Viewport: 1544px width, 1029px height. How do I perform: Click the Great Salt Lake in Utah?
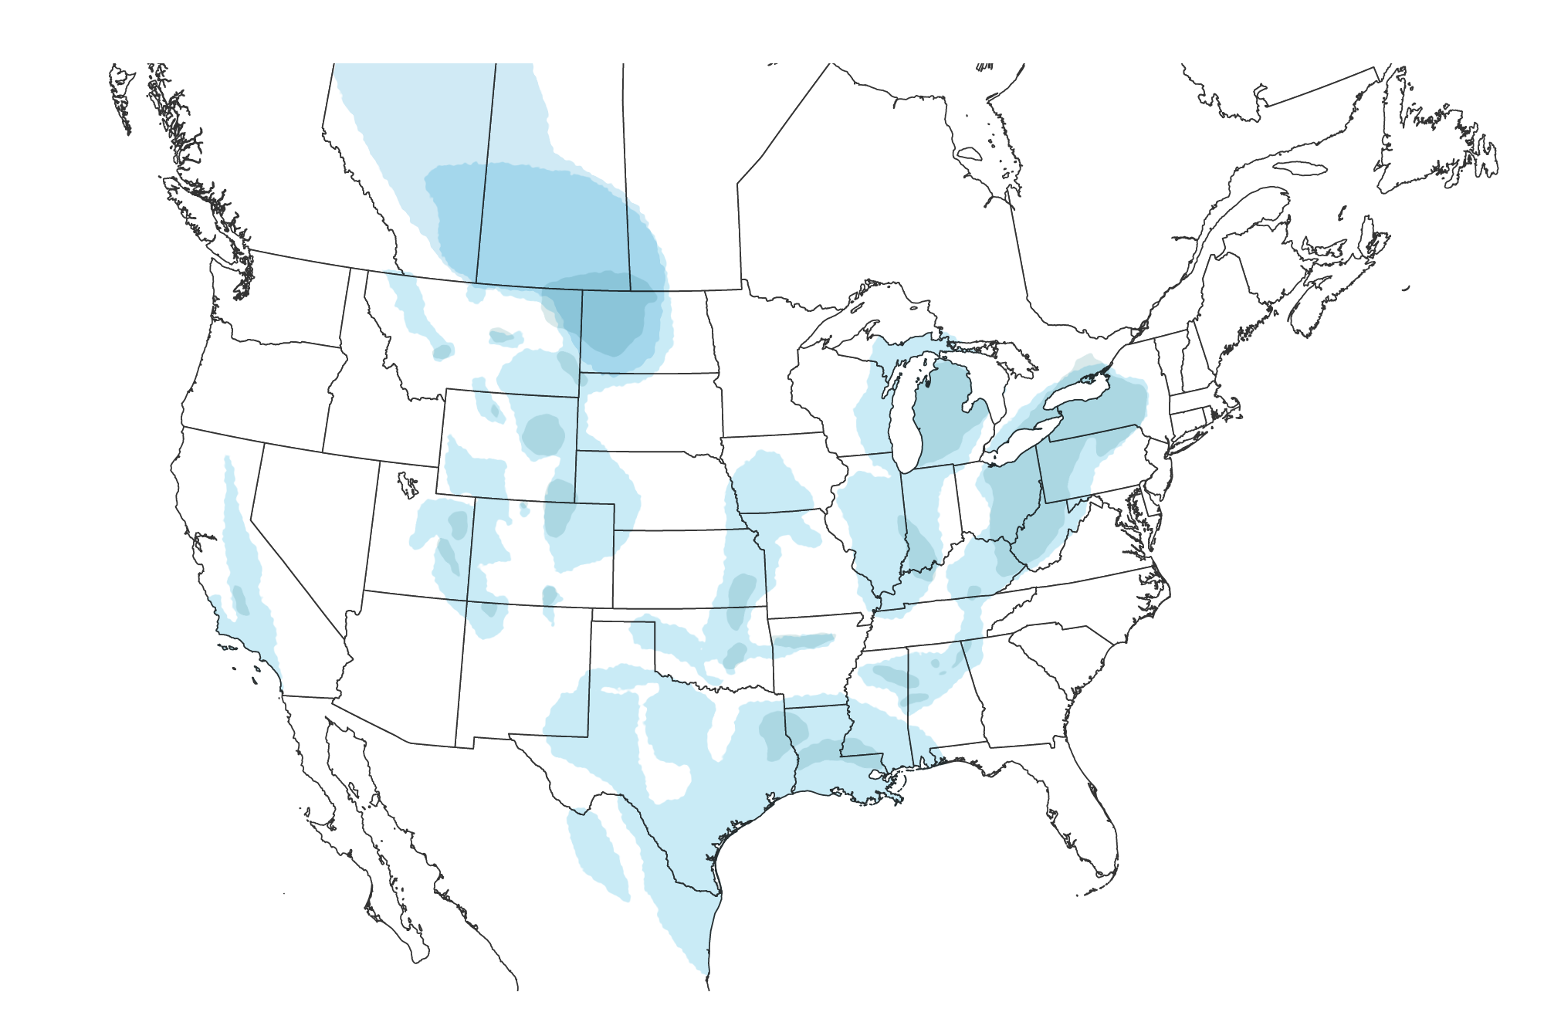(405, 485)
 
